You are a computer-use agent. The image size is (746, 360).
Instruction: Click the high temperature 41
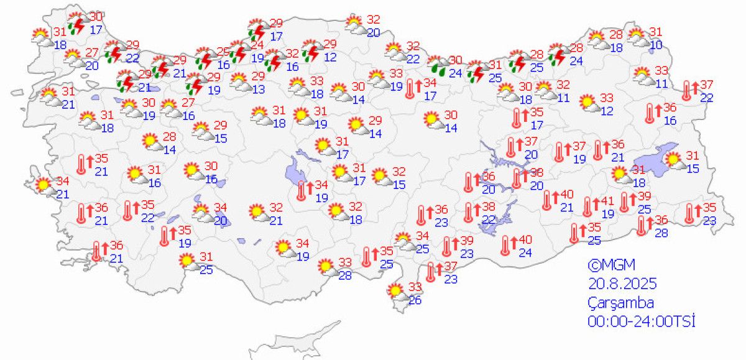pos(606,201)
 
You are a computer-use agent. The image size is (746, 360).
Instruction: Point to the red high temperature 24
pos(257,44)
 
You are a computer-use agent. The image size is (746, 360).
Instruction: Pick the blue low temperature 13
pos(258,90)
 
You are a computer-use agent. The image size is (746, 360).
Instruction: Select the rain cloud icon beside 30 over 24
pos(439,65)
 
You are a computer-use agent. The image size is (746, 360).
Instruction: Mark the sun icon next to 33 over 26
pos(395,291)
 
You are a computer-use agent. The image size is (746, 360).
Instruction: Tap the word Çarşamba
pos(620,303)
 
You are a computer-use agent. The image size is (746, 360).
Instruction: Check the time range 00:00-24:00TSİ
pos(641,321)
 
